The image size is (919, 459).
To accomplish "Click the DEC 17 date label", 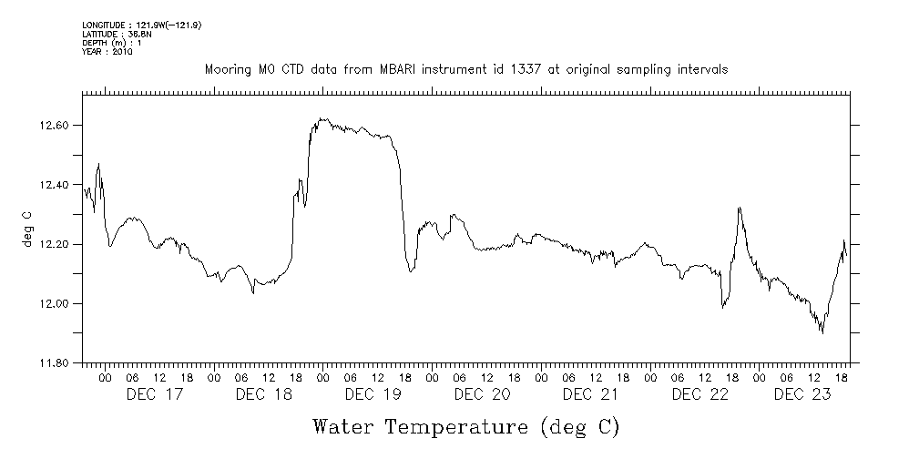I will [x=155, y=394].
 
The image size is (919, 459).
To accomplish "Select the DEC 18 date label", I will [x=264, y=394].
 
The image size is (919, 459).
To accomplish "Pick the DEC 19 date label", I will [x=373, y=394].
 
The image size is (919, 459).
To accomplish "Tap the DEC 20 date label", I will [x=483, y=394].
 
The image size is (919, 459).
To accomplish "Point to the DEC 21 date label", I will [x=592, y=394].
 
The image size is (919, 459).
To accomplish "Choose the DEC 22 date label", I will [x=700, y=394].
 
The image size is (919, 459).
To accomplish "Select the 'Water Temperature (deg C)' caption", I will [x=466, y=426].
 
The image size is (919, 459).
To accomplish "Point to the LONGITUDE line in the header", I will [x=141, y=25].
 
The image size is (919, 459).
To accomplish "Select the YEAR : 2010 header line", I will [x=107, y=52].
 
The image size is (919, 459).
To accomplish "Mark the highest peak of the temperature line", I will [x=322, y=118].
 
